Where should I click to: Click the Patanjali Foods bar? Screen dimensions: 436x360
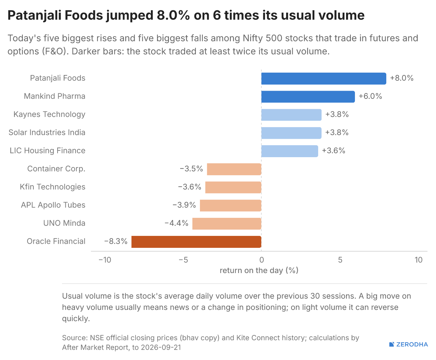click(324, 79)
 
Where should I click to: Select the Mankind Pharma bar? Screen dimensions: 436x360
click(308, 96)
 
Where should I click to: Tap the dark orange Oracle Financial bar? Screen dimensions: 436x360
click(196, 242)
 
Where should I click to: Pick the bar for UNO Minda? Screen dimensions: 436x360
click(227, 224)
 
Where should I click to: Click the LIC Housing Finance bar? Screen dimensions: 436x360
click(290, 151)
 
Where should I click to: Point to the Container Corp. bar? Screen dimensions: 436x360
click(234, 169)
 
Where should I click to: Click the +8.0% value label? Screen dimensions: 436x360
click(402, 78)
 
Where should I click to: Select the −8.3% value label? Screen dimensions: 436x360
click(116, 241)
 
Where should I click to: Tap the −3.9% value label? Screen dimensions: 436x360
click(184, 205)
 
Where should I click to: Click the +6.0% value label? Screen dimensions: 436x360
click(370, 96)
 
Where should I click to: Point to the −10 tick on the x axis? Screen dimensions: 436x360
click(105, 260)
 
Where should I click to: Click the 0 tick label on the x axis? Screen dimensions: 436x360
click(262, 260)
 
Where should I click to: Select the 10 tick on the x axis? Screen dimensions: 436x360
click(419, 260)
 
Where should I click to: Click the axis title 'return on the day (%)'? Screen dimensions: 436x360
click(259, 270)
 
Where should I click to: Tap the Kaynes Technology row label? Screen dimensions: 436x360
click(49, 114)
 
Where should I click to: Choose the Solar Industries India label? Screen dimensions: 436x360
click(47, 132)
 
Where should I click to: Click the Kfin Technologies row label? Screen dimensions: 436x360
click(52, 187)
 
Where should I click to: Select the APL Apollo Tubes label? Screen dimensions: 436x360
click(53, 205)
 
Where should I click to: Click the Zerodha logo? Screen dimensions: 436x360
click(408, 344)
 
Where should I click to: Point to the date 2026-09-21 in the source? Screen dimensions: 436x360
click(161, 347)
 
